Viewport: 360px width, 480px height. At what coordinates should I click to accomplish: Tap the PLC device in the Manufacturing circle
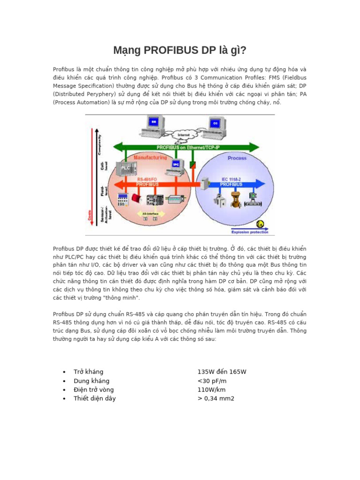click(127, 168)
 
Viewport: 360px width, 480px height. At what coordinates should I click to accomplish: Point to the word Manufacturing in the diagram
click(150, 158)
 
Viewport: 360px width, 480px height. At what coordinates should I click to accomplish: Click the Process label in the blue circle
click(237, 158)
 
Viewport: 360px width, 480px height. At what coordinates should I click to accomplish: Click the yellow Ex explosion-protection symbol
click(261, 224)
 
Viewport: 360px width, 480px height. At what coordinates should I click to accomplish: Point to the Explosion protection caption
click(250, 232)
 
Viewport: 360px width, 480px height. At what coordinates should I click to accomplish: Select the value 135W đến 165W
click(222, 372)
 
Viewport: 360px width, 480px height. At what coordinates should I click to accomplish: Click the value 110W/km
click(211, 390)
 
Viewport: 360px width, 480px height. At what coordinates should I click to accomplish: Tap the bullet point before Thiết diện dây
click(64, 399)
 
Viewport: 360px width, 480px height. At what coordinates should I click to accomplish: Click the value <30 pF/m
click(212, 381)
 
